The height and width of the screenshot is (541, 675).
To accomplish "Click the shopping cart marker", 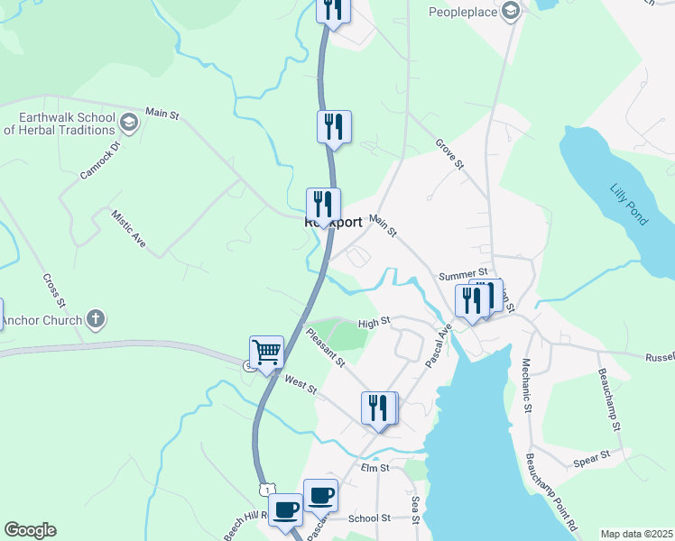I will pyautogui.click(x=266, y=352).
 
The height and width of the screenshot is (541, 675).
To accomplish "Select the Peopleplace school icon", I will pyautogui.click(x=511, y=12).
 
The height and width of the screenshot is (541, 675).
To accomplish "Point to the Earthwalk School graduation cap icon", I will pyautogui.click(x=128, y=123).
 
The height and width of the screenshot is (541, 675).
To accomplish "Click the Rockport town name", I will pyautogui.click(x=334, y=222).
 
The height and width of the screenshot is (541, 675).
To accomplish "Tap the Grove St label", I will pyautogui.click(x=448, y=154).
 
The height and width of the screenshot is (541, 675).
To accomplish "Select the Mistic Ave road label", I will pyautogui.click(x=128, y=231).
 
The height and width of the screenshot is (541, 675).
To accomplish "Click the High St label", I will pyautogui.click(x=374, y=322).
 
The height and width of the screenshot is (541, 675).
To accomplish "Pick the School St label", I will pyautogui.click(x=369, y=518).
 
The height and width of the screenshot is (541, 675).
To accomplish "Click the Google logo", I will pyautogui.click(x=30, y=530).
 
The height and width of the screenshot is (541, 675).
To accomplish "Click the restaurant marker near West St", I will pyautogui.click(x=379, y=408).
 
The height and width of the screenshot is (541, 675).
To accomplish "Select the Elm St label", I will pyautogui.click(x=374, y=468).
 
